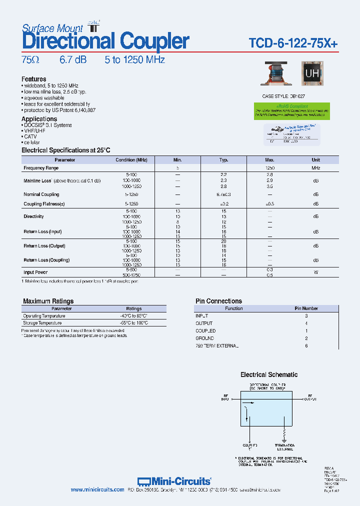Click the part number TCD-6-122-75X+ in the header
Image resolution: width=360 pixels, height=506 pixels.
pos(293,44)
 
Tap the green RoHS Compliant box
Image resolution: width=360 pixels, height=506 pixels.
pos(291,111)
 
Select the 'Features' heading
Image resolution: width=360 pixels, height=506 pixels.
pos(33,79)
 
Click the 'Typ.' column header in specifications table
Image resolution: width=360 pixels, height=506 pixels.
pos(223,160)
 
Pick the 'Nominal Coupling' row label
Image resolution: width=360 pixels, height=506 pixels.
pos(41,194)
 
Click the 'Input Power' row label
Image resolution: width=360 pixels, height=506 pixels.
pos(35,272)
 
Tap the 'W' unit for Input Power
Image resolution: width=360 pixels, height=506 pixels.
pos(316,272)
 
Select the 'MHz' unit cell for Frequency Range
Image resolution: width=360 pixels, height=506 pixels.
pos(316,168)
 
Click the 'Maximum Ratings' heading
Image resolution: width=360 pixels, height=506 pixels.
pos(48,301)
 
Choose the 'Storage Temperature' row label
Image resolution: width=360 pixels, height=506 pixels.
pos(42,323)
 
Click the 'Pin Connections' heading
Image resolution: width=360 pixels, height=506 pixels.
pos(218,301)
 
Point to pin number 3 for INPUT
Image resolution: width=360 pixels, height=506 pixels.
pos(306,316)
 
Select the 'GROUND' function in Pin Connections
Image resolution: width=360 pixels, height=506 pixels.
pos(205,338)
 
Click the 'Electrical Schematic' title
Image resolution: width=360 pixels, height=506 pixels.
pos(268,374)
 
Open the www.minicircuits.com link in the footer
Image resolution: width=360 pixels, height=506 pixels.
pos(97,490)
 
